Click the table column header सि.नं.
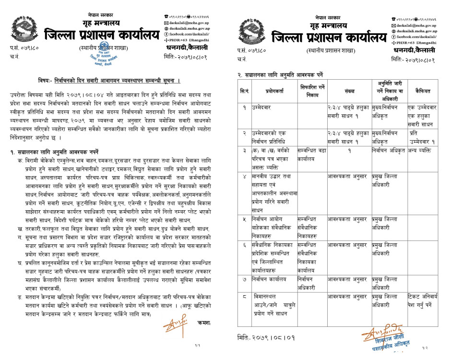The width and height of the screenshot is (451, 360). click(245, 90)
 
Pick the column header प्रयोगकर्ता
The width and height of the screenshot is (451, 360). click(275, 90)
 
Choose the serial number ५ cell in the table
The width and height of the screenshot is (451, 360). click(245, 218)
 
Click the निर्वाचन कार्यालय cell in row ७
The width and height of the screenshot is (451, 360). click(274, 278)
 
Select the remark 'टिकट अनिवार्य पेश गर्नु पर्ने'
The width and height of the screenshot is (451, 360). click(423, 300)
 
